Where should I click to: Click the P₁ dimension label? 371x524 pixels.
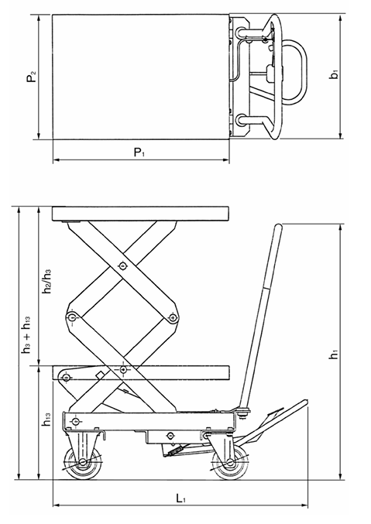[x=139, y=152]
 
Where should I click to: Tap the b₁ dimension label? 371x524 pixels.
[x=333, y=77]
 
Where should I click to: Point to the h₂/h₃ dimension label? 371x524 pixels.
[x=47, y=283]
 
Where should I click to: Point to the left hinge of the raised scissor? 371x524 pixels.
[x=72, y=317]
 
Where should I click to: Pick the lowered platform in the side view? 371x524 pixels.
[x=141, y=374]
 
